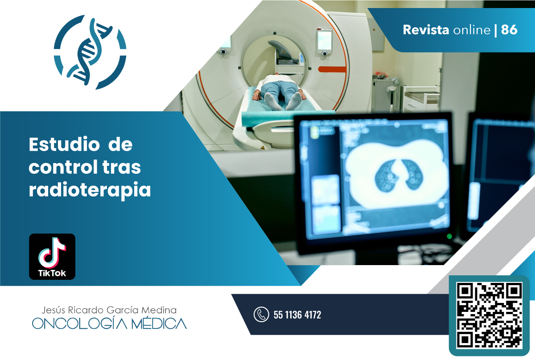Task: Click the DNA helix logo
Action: tap(90, 52)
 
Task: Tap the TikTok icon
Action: tap(52, 257)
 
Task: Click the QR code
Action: tap(489, 315)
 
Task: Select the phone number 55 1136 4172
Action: tap(297, 315)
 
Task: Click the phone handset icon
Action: tap(261, 315)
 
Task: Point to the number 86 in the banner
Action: tap(509, 30)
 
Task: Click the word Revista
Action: tap(426, 30)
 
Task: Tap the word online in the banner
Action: tap(472, 30)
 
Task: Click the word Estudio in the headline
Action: tap(64, 144)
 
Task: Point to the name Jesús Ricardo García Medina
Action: tap(109, 310)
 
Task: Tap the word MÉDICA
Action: tap(159, 324)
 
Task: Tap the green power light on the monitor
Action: tap(449, 236)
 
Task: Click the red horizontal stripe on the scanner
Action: tap(332, 70)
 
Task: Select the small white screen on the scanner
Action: tap(325, 40)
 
